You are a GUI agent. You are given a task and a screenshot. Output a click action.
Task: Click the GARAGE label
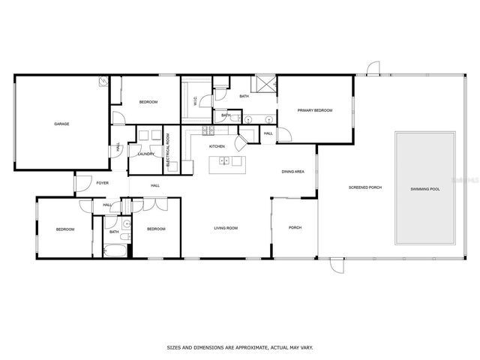pyautogui.click(x=61, y=124)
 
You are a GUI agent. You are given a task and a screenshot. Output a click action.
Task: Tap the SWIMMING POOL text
pyautogui.click(x=424, y=189)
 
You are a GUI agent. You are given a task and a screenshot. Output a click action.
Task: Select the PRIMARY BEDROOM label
pyautogui.click(x=314, y=110)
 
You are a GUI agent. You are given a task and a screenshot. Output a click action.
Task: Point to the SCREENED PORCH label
pyautogui.click(x=362, y=187)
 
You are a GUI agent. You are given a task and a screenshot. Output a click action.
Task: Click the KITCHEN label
pyautogui.click(x=217, y=146)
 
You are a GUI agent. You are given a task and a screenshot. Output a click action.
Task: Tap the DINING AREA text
pyautogui.click(x=292, y=172)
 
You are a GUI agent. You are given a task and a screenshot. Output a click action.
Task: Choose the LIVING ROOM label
pyautogui.click(x=226, y=228)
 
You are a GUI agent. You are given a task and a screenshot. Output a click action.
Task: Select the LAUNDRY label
pyautogui.click(x=146, y=154)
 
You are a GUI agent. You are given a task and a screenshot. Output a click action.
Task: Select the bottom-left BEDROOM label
pyautogui.click(x=64, y=229)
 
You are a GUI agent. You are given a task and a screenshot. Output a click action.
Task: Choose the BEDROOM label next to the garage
pyautogui.click(x=148, y=102)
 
